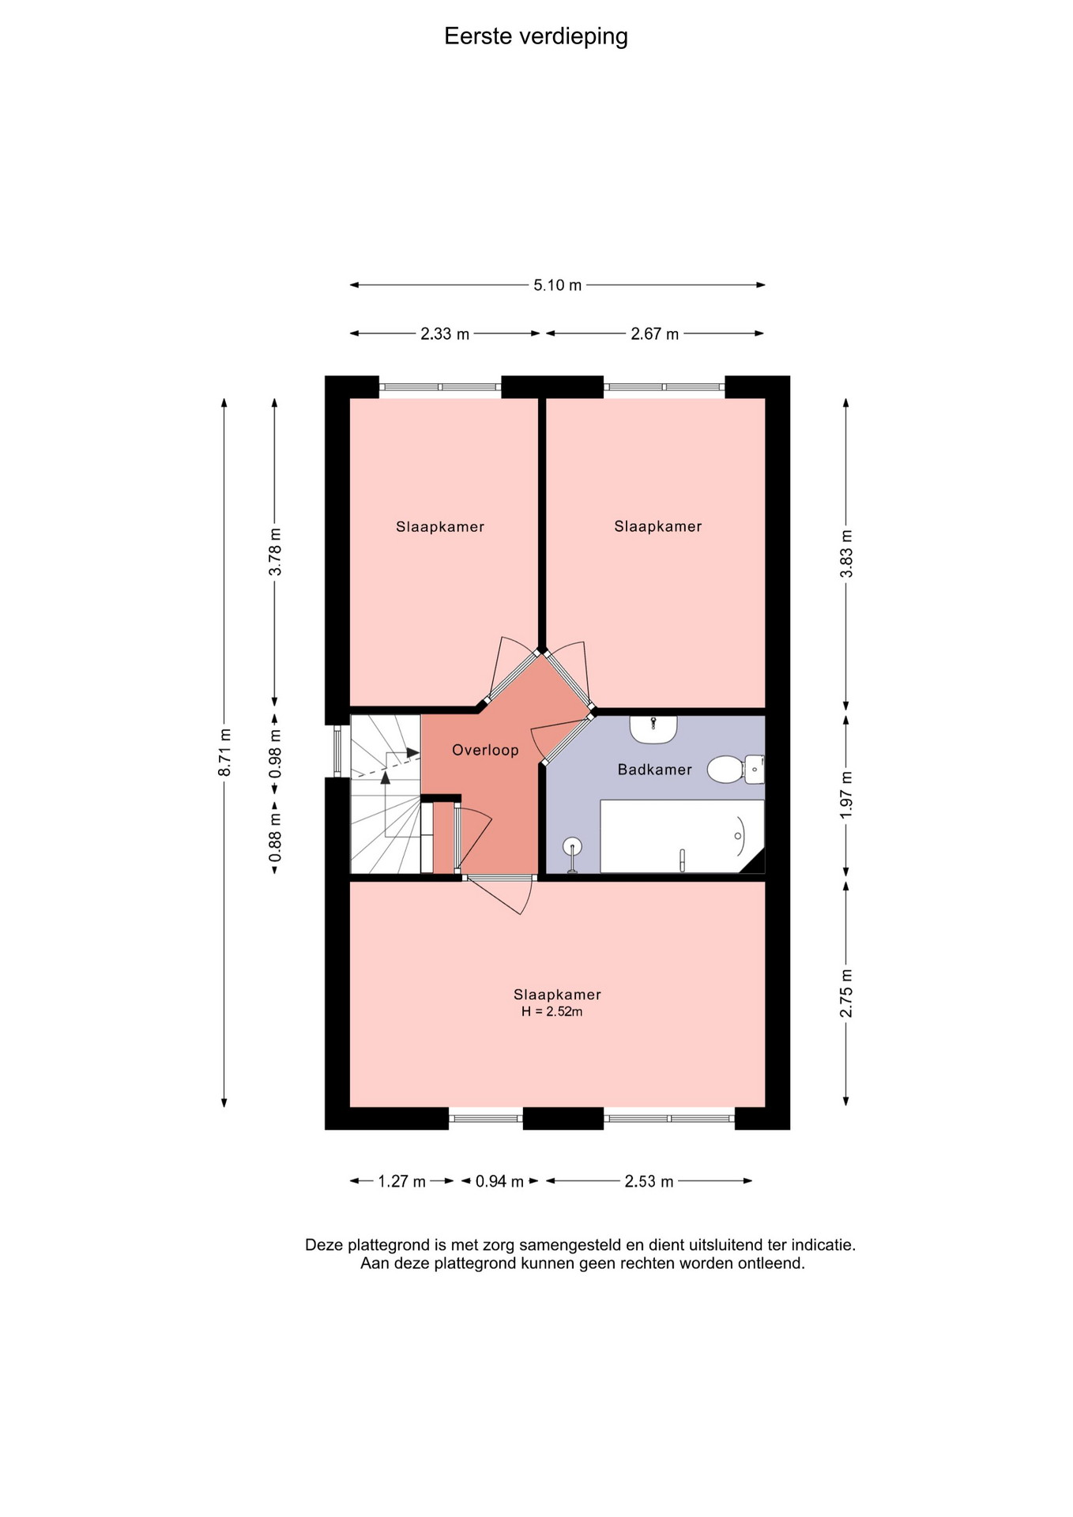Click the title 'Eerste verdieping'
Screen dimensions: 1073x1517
coord(536,36)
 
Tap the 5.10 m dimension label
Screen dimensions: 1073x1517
coord(557,285)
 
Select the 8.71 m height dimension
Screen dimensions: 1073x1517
coord(224,751)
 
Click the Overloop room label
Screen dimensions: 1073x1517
coord(485,750)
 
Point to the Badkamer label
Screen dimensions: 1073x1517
coord(654,770)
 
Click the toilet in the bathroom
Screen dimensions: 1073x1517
coord(735,770)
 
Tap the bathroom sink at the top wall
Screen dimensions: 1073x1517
coord(653,729)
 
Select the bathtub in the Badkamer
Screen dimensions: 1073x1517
coord(682,836)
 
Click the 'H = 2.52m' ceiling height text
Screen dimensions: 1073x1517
coord(552,1012)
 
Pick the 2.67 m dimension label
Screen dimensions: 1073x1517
coord(654,334)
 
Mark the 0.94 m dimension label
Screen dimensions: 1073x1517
coord(499,1182)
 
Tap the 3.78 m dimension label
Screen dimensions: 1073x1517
coord(275,551)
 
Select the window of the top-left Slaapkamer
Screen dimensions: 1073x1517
coord(440,387)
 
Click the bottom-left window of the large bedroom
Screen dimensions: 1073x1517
coord(486,1118)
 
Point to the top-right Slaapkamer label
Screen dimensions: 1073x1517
coord(658,526)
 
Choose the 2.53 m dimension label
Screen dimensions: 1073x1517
coord(649,1182)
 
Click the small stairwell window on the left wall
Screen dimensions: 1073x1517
coord(337,751)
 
